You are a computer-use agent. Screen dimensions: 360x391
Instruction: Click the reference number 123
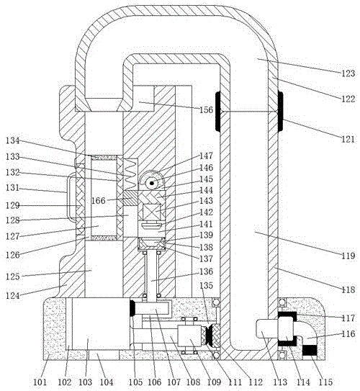click(x=348, y=73)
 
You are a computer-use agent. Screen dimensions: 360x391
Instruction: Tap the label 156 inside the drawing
click(x=206, y=109)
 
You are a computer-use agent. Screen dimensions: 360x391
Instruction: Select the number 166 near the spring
click(x=99, y=200)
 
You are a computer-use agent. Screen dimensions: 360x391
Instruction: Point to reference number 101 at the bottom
click(x=40, y=382)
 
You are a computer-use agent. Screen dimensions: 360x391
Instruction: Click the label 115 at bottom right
click(x=325, y=382)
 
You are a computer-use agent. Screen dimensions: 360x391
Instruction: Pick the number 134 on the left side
click(x=12, y=140)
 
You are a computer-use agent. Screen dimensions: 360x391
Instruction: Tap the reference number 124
click(x=12, y=295)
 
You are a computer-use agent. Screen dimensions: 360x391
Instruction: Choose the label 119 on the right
click(x=348, y=256)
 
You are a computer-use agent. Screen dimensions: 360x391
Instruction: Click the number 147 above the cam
click(x=206, y=156)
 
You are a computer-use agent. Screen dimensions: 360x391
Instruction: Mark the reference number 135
click(x=206, y=285)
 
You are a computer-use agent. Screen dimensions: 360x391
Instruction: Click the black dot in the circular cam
click(x=152, y=184)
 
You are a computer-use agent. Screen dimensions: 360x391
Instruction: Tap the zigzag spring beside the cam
click(x=130, y=174)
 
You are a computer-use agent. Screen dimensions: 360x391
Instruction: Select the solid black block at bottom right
click(x=310, y=350)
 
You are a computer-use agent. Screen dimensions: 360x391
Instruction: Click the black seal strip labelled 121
click(x=281, y=111)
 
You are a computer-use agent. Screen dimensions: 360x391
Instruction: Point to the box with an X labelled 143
click(x=151, y=212)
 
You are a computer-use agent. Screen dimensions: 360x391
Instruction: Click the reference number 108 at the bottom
click(x=193, y=382)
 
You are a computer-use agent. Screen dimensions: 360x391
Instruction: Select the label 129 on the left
click(x=12, y=205)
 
